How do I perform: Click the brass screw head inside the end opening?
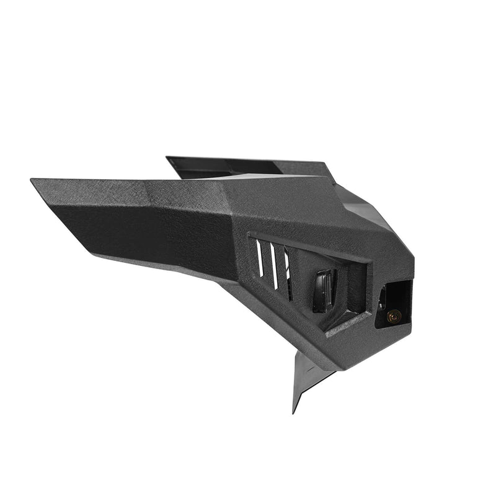pos(392,316)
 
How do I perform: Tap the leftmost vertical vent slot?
pos(260,258)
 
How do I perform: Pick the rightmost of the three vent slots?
pos(288,277)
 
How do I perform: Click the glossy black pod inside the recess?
pos(324,290)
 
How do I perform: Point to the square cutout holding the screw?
pos(395,302)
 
